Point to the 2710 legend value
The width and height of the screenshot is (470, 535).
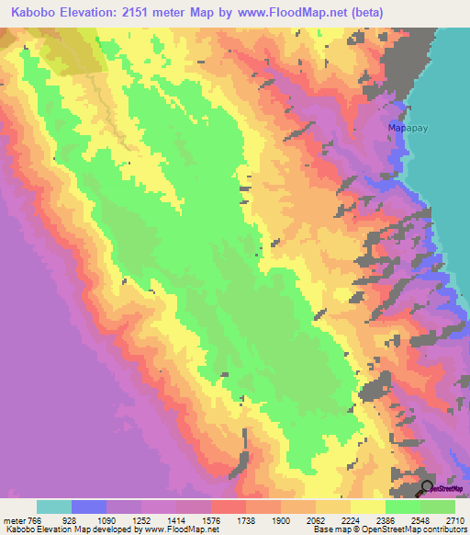click(455, 520)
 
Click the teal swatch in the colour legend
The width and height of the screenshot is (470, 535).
click(54, 507)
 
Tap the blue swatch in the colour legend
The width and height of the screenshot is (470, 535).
click(89, 507)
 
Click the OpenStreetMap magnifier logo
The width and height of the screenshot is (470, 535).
click(427, 487)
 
